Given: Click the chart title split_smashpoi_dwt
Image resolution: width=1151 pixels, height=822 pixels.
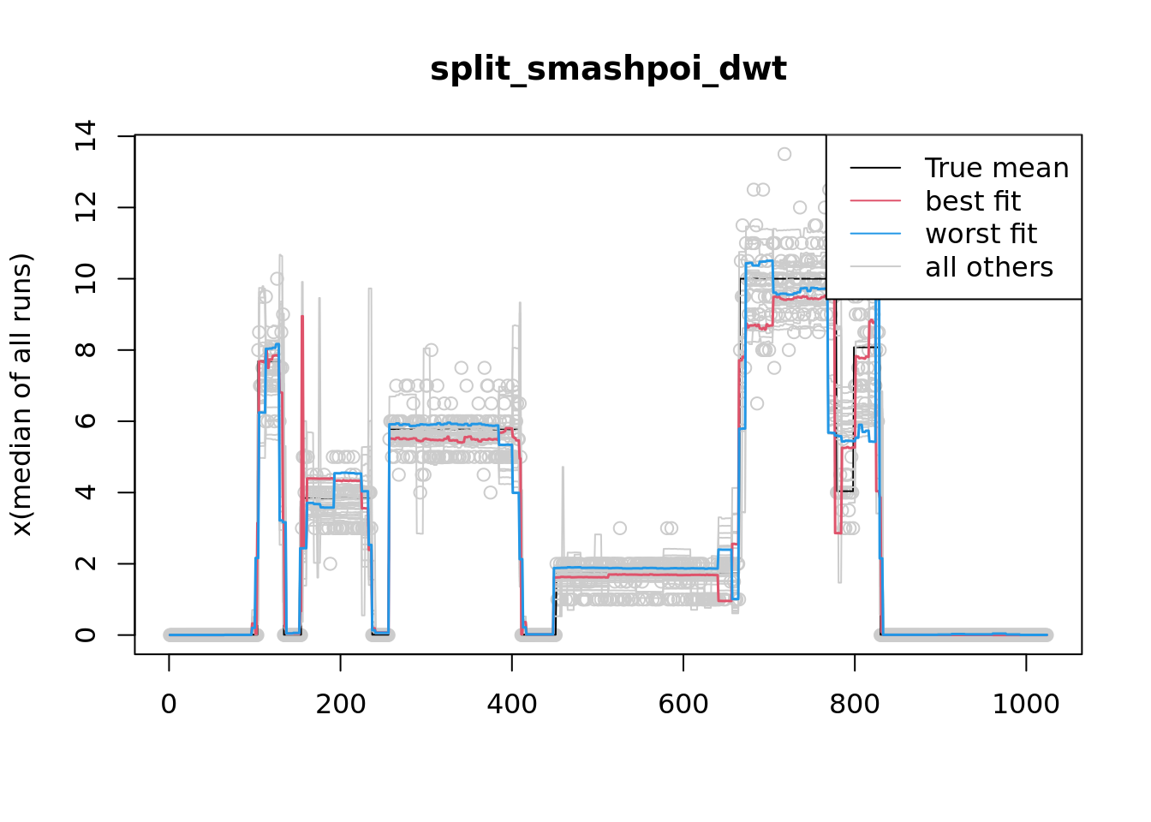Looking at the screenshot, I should click(x=608, y=69).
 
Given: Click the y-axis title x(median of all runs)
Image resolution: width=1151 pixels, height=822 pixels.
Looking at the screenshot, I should click(x=22, y=395).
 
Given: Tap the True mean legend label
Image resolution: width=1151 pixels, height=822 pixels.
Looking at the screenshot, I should click(x=997, y=168).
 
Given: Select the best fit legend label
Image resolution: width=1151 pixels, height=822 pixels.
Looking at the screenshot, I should click(x=973, y=201).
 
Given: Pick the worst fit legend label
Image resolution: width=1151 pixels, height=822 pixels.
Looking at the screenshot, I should click(x=981, y=234).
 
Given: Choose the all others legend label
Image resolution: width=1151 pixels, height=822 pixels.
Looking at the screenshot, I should click(x=989, y=267).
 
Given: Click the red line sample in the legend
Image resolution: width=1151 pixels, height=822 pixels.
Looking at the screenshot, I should click(x=875, y=201).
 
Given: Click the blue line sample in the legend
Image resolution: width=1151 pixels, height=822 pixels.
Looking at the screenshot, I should click(x=875, y=234).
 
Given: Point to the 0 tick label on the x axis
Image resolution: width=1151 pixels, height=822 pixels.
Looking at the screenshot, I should click(x=169, y=704).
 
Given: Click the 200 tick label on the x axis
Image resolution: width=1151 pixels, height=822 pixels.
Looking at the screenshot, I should click(x=341, y=704).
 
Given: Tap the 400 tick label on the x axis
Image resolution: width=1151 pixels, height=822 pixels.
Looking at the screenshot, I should click(x=512, y=704).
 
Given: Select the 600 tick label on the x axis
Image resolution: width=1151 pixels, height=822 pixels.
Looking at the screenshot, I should click(x=683, y=704).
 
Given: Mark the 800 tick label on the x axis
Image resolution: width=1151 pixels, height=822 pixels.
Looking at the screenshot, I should click(x=855, y=704).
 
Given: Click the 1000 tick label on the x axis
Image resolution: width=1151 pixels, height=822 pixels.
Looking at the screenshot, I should click(x=1026, y=704).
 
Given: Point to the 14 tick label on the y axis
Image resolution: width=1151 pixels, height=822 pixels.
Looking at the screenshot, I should click(x=86, y=136).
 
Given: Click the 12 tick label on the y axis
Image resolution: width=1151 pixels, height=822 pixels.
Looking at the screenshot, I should click(x=86, y=207).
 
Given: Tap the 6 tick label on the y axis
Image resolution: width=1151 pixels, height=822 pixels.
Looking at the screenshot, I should click(x=86, y=421).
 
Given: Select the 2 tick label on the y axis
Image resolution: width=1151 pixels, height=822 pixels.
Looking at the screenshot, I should click(x=86, y=563).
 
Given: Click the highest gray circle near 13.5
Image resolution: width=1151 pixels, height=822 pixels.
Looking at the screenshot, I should click(x=784, y=154).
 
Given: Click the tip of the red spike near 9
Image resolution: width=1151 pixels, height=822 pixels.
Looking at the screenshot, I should click(x=302, y=316).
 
